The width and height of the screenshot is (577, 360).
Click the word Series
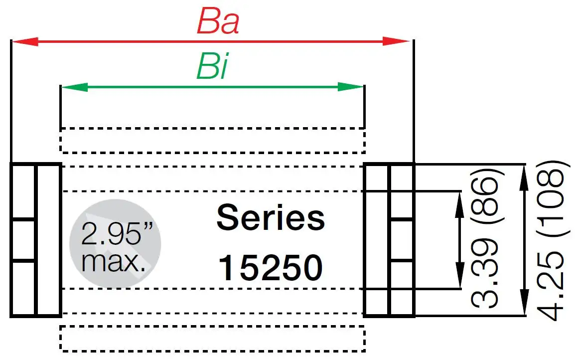tap(271, 218)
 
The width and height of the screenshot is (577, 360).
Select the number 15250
tap(271, 268)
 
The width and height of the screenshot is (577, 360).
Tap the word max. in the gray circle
tap(114, 262)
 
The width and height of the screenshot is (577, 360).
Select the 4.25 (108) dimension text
tap(551, 240)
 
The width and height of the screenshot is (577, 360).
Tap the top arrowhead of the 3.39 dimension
tap(457, 201)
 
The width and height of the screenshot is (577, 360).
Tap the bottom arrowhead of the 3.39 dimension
tap(457, 277)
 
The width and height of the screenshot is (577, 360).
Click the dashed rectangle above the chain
tap(212, 140)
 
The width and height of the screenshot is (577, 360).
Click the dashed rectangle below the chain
tap(212, 339)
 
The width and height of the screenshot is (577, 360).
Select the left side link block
tap(36, 240)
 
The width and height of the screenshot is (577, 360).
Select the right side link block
tap(389, 240)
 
